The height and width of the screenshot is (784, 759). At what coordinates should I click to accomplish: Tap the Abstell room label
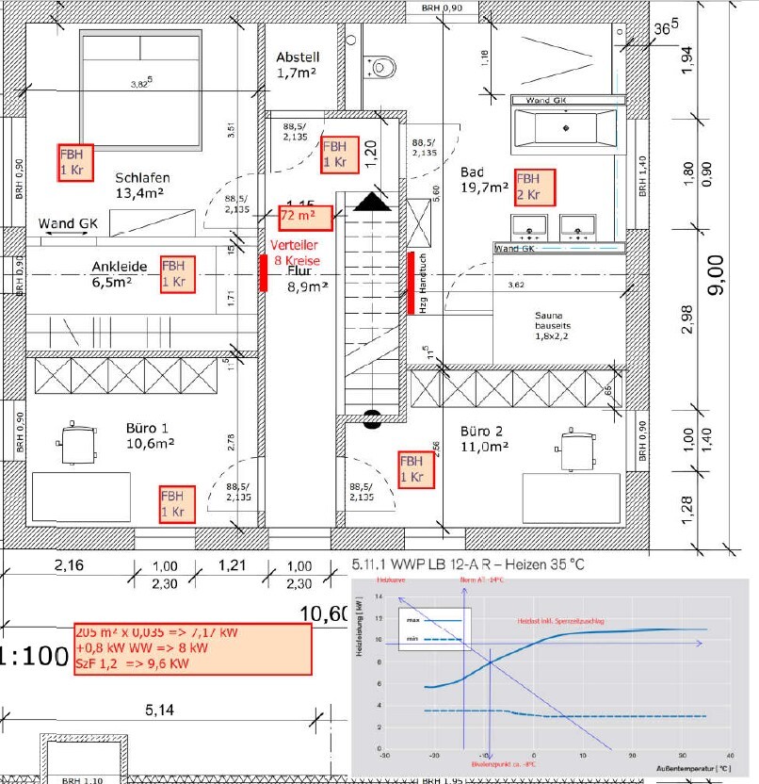pos(299,63)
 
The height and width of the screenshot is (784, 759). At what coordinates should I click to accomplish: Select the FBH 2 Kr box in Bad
pos(534,187)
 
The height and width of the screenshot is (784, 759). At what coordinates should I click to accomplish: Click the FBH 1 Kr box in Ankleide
pos(177,273)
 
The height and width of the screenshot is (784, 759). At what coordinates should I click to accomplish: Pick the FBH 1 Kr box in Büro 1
pos(177,504)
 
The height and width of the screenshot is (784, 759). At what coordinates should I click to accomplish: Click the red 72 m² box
pos(306,218)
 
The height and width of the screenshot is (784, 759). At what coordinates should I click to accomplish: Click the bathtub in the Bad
pos(565,124)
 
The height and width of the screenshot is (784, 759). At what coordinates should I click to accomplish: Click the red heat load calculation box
pos(194,648)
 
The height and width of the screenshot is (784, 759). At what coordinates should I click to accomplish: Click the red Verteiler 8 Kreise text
pos(298,251)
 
